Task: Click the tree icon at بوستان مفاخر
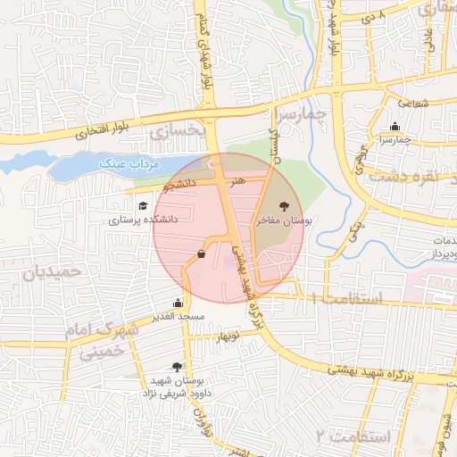click(284, 206)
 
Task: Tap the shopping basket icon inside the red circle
click(201, 254)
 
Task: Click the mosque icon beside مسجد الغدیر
click(178, 303)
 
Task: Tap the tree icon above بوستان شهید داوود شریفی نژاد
click(177, 366)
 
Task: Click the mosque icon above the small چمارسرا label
click(395, 126)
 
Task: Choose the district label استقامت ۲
click(353, 436)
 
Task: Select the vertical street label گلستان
click(275, 145)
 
